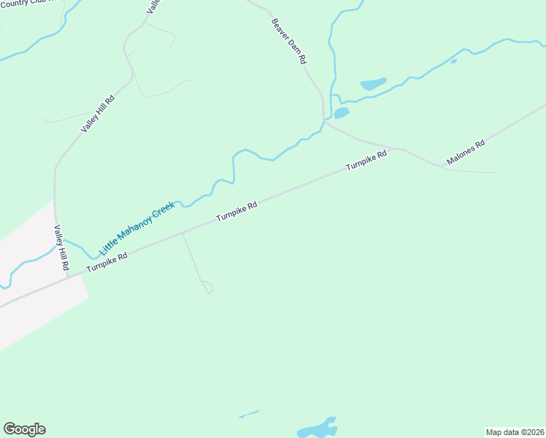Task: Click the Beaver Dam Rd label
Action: (288, 42)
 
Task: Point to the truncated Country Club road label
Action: (29, 4)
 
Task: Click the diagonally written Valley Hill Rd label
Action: (99, 114)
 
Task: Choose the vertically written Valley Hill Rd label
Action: (59, 248)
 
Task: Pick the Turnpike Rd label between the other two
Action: (237, 212)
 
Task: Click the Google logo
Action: (24, 429)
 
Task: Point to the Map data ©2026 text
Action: (515, 432)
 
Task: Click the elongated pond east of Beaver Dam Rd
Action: (372, 84)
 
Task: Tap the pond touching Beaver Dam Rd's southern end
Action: (341, 113)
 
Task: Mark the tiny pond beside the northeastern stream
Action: (453, 61)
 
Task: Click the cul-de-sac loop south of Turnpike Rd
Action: (207, 287)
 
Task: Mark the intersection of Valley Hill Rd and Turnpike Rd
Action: (67, 276)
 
